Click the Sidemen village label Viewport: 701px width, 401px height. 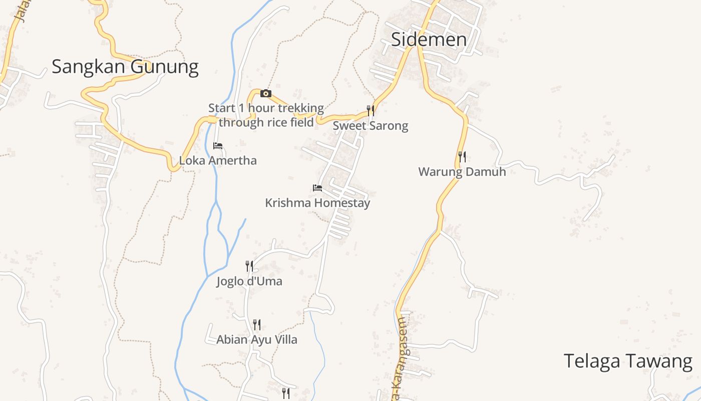(429, 39)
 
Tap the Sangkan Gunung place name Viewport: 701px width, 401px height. (125, 66)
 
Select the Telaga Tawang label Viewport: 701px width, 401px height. (628, 361)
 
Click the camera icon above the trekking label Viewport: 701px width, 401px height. (266, 94)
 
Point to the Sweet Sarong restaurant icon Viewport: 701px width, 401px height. (371, 110)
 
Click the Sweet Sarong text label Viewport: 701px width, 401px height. (371, 126)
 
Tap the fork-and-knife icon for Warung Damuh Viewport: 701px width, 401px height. (462, 157)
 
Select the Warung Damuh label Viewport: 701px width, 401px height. (462, 172)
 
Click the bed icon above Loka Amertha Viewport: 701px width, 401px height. (218, 146)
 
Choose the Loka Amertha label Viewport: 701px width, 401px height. (218, 161)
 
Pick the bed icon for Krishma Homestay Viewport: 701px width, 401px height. (317, 188)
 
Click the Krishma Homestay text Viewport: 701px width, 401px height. (317, 203)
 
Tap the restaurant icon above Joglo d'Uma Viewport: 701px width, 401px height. (249, 266)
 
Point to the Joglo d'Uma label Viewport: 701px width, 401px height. (249, 282)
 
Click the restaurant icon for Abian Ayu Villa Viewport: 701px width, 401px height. (257, 325)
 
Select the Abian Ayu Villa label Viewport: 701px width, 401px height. (257, 340)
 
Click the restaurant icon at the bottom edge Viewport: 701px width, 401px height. (286, 393)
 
